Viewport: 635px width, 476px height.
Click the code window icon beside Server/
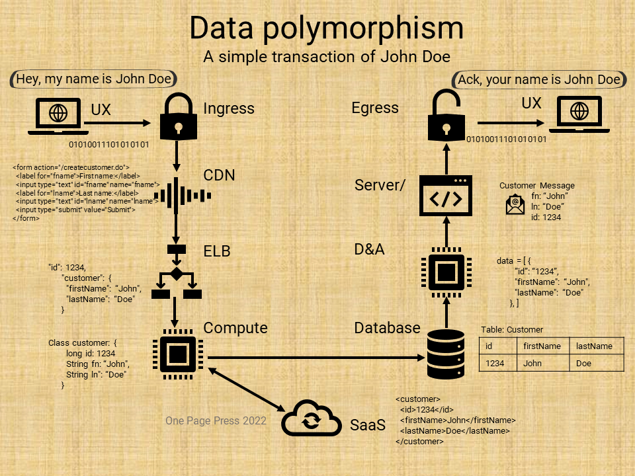(446, 196)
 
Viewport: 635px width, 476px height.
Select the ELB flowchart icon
(176, 274)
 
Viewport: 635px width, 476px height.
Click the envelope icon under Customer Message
(515, 206)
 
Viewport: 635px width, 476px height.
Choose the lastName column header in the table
(594, 346)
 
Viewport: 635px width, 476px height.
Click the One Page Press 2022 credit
(216, 420)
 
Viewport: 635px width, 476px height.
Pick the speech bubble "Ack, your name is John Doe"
(539, 80)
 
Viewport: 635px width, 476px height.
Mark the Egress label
(375, 108)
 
